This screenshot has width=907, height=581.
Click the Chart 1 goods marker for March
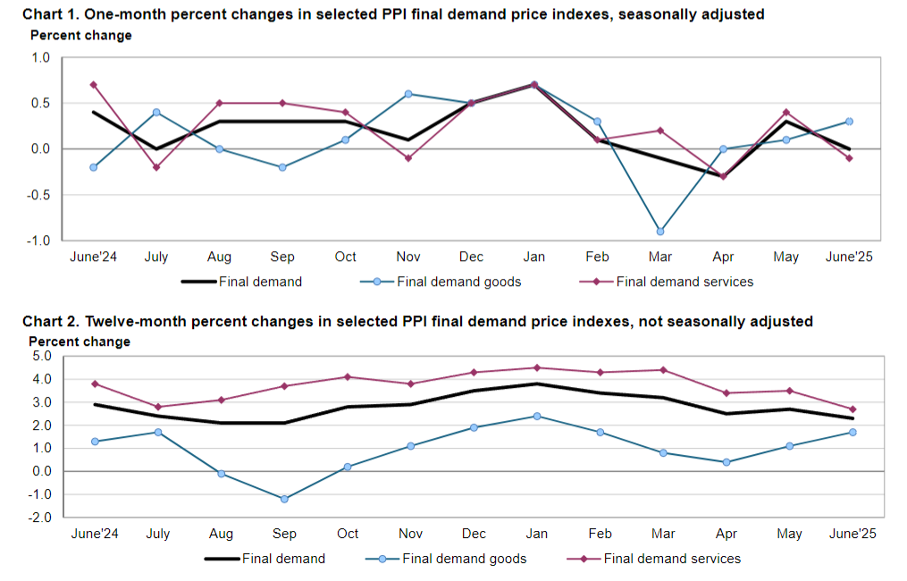660,232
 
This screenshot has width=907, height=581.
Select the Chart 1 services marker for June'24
94,85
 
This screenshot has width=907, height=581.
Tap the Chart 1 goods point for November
408,94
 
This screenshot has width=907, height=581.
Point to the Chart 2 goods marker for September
284,499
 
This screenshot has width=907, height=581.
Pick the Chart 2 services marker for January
537,367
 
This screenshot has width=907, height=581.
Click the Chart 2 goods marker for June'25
852,432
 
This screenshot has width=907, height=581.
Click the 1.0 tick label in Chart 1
41,57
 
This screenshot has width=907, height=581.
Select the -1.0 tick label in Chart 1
39,240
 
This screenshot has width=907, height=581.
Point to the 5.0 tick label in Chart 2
41,356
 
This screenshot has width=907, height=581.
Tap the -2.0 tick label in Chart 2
39,518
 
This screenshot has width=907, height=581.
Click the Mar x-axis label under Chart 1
660,257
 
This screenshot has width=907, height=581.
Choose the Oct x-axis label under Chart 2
348,534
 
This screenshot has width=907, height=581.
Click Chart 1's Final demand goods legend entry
458,282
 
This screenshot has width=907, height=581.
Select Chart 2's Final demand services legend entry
672,559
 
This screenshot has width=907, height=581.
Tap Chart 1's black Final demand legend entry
260,282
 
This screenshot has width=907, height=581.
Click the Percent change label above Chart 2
80,341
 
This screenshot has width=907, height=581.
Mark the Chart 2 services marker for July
157,407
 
